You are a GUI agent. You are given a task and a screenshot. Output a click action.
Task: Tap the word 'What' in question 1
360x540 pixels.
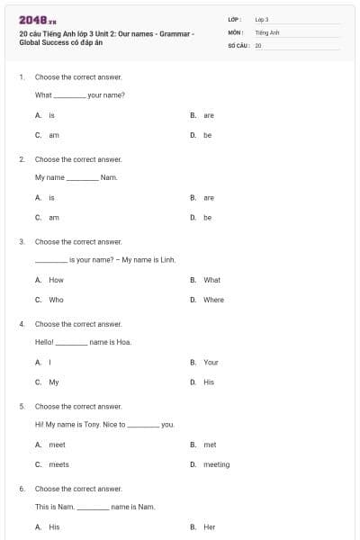(x=43, y=94)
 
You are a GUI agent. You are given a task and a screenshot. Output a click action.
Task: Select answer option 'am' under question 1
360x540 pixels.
(x=53, y=135)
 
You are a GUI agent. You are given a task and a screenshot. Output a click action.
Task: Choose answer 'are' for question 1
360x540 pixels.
(x=209, y=115)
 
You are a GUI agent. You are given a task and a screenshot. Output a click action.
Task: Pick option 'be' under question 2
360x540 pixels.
(x=207, y=217)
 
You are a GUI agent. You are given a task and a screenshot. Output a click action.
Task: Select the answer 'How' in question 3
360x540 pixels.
(x=56, y=280)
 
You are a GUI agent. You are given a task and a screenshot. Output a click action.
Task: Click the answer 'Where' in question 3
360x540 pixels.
(x=213, y=300)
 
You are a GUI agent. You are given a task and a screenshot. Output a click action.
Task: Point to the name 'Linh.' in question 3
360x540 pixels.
(x=166, y=259)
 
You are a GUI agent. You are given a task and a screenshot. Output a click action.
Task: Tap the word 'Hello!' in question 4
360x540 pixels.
(x=45, y=342)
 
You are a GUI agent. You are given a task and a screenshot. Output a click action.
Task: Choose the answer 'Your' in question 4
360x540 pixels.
(x=211, y=362)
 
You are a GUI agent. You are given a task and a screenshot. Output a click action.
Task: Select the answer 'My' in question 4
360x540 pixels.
(x=53, y=382)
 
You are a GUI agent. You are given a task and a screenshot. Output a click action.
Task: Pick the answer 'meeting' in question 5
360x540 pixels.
(x=216, y=464)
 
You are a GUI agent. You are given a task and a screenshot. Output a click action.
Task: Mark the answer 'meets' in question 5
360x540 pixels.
(x=58, y=464)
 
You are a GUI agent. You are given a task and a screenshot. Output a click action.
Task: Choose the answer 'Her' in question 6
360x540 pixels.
(x=210, y=526)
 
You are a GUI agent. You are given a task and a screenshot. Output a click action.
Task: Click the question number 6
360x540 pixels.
(x=22, y=489)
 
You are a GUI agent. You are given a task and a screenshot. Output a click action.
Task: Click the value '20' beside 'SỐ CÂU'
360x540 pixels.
(x=258, y=44)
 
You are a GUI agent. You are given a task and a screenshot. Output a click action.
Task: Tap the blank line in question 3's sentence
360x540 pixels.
(x=50, y=260)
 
